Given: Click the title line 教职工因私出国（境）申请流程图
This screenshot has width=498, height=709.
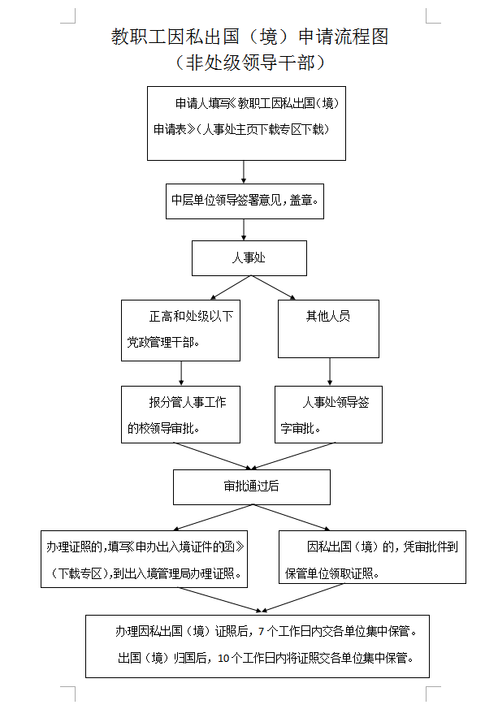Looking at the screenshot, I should coord(249,37).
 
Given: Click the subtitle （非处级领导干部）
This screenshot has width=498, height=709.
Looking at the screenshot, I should coord(249,63).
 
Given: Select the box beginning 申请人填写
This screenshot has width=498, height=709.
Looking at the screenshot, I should coord(246,123).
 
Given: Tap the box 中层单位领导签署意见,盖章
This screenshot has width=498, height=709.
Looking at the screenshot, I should coord(245,201).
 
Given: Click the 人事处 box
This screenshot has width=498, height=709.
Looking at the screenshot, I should coord(249,258).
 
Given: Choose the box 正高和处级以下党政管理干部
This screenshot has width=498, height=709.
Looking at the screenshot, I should coord(180,330).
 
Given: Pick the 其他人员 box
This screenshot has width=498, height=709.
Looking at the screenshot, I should coord(328,329).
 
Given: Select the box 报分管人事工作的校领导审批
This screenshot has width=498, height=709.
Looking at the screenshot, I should coord(180,414).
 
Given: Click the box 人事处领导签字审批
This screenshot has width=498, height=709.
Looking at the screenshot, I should coord(328,414).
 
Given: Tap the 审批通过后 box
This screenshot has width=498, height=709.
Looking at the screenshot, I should coord(251,486).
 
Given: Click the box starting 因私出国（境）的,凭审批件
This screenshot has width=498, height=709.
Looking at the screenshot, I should coord(372,557).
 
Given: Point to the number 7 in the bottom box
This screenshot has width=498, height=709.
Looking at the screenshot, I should coord(260,631).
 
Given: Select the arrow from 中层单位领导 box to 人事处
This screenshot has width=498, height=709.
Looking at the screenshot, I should coord(245,229).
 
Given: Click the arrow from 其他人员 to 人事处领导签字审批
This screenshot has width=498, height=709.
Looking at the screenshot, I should coord(329,371).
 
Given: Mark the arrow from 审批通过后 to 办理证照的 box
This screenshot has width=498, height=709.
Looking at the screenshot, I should coord(211,517).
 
